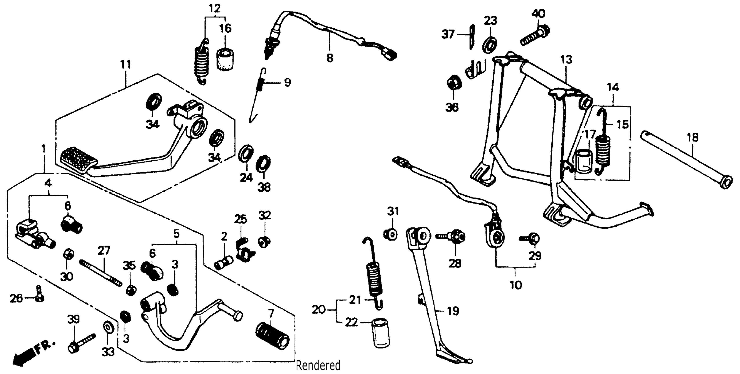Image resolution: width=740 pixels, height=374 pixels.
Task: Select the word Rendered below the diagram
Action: click(318, 365)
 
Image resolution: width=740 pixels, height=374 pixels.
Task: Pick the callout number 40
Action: click(538, 13)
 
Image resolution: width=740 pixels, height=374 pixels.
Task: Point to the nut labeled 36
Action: click(454, 83)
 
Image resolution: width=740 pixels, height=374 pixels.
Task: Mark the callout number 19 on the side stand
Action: click(453, 311)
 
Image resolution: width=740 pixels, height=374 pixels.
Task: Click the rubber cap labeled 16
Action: click(225, 60)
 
